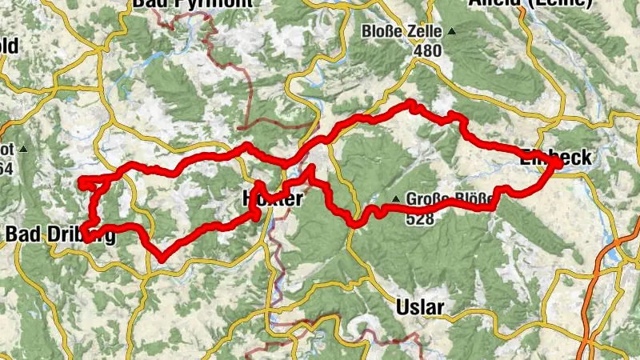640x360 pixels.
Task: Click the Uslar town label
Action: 420,307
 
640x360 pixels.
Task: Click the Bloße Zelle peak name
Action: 402,32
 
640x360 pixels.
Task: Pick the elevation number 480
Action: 428,50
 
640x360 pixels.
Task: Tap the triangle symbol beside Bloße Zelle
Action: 452,32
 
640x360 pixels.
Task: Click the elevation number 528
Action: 420,217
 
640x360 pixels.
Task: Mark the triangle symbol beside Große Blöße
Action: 395,199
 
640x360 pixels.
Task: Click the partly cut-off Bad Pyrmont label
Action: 192,3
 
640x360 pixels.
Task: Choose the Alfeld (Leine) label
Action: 544,3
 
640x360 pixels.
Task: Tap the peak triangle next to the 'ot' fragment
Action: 24,150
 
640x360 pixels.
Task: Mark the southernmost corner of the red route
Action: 162,258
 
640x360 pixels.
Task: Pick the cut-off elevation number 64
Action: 6,166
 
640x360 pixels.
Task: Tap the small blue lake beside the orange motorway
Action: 614,255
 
